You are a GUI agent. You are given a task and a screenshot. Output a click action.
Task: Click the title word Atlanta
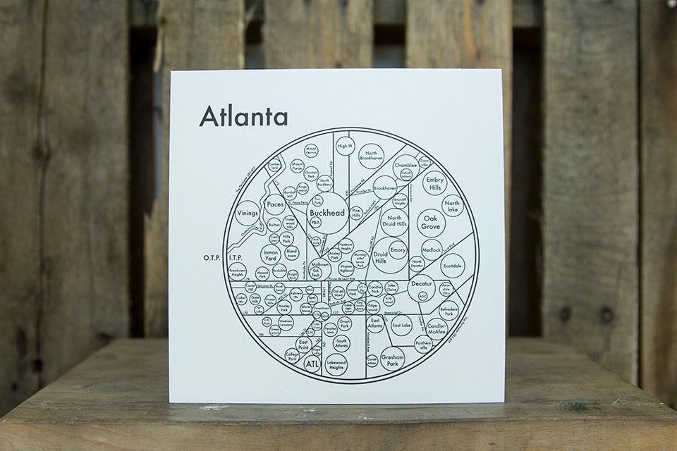click(243, 116)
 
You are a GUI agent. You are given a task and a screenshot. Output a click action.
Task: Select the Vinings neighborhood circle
click(248, 211)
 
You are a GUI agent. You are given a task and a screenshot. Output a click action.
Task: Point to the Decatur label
click(421, 284)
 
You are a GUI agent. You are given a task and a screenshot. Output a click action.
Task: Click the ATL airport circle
click(312, 364)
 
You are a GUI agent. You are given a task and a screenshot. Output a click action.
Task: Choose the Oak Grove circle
click(431, 221)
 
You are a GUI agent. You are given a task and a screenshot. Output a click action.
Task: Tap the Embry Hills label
click(434, 182)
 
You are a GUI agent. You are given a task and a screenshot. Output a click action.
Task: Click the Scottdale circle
click(452, 266)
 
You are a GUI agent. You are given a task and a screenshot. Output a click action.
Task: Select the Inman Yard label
click(271, 253)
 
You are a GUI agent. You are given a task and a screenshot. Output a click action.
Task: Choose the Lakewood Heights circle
click(336, 364)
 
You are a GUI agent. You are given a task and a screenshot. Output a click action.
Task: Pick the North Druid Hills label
click(396, 222)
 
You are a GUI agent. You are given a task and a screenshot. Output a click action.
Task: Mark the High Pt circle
click(344, 147)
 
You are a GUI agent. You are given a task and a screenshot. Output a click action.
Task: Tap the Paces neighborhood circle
click(274, 205)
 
